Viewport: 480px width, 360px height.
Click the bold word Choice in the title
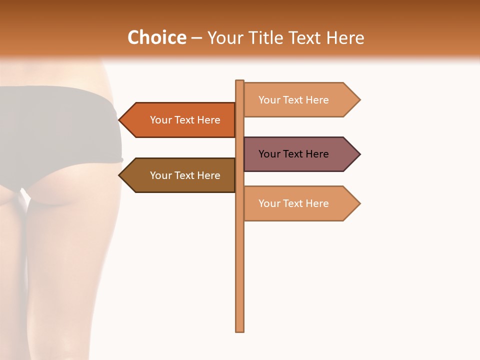pyautogui.click(x=156, y=38)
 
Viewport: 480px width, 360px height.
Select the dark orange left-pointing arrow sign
pyautogui.click(x=180, y=120)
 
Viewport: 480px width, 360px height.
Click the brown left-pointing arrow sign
pyautogui.click(x=180, y=175)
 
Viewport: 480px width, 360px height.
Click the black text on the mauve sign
pyautogui.click(x=293, y=154)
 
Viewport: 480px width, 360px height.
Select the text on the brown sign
pyautogui.click(x=185, y=175)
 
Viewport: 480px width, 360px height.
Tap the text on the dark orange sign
pyautogui.click(x=185, y=120)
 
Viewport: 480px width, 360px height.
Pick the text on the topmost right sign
pyautogui.click(x=293, y=100)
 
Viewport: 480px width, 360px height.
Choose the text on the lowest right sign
pyautogui.click(x=293, y=203)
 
